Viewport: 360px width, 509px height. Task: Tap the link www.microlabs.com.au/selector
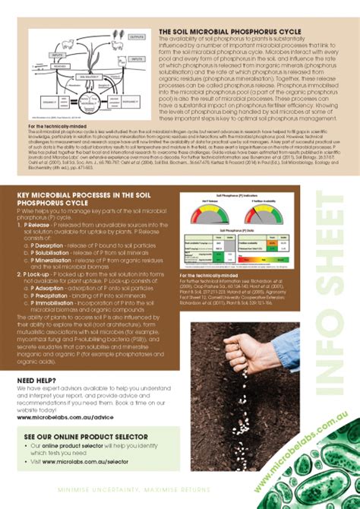[84, 460]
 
